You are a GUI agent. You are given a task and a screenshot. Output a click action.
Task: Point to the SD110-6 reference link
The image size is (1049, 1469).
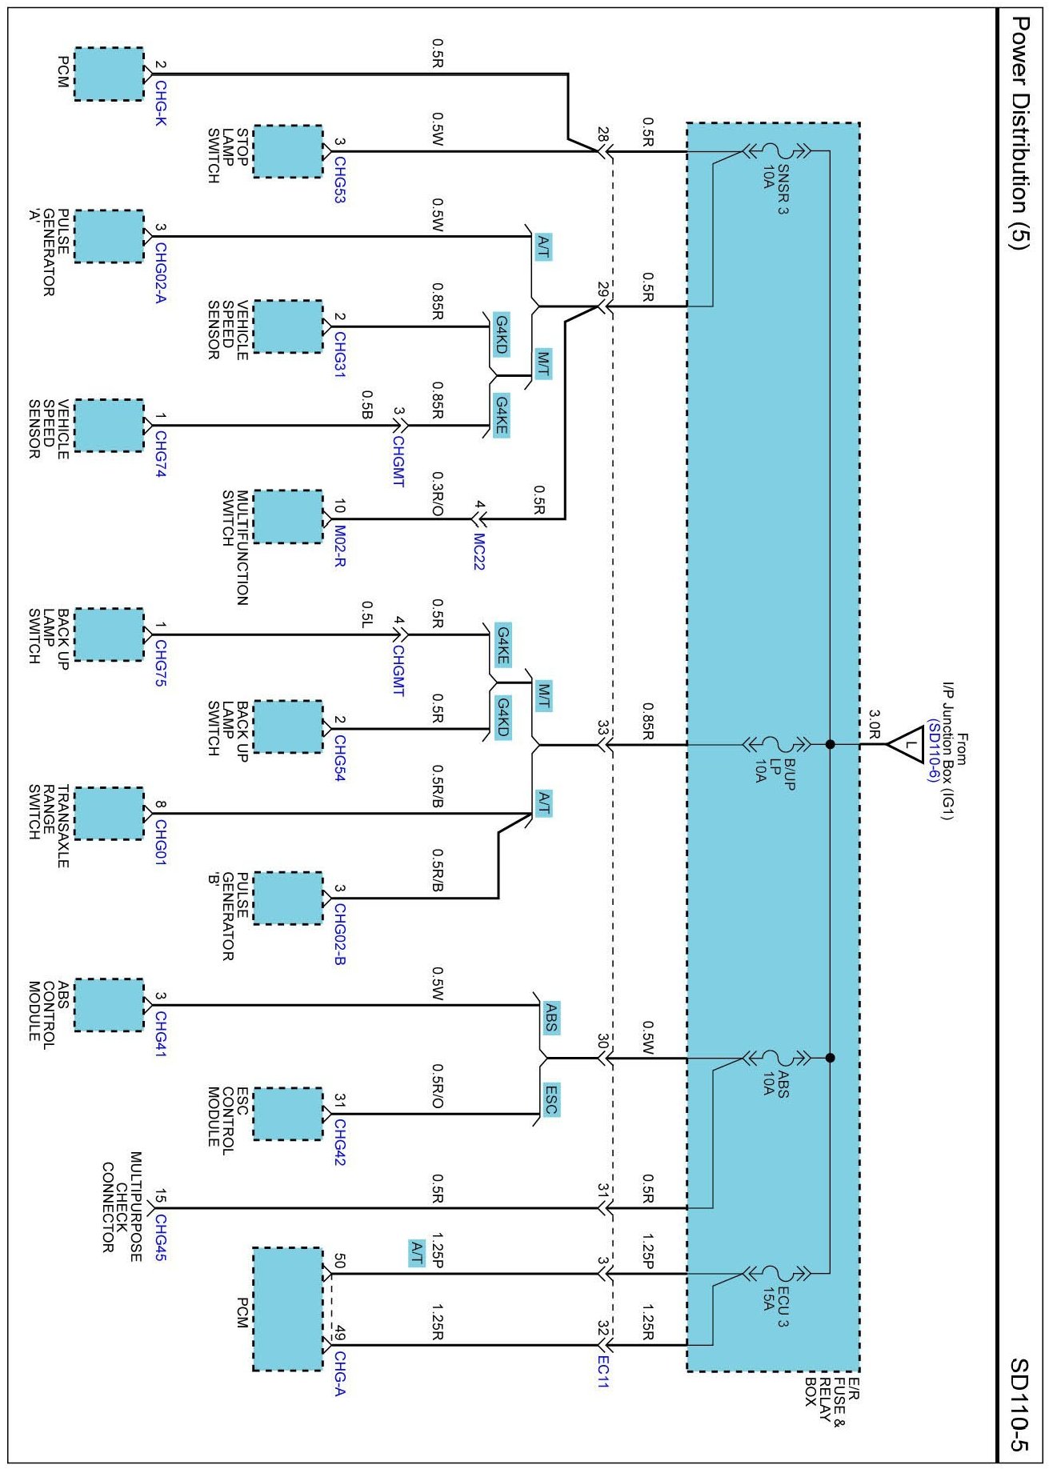point(934,752)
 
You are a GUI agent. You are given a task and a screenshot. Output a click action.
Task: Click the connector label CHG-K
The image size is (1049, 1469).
point(161,103)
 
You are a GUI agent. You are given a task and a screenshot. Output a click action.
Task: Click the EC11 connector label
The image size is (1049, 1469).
point(603,1371)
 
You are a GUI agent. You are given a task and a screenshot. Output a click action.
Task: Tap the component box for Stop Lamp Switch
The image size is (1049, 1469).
point(288,151)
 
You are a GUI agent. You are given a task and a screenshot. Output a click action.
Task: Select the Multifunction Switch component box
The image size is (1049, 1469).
point(288,517)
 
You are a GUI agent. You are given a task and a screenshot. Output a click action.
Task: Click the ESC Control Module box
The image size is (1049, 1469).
point(288,1114)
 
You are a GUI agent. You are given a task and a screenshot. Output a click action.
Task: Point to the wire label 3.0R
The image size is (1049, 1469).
point(875,723)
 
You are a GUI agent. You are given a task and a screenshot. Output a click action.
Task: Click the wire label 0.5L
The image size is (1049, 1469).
point(366,614)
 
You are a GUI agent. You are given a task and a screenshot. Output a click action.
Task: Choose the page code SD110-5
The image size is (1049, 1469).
point(1018,1405)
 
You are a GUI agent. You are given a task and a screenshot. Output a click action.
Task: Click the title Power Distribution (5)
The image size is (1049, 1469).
point(1019,133)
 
